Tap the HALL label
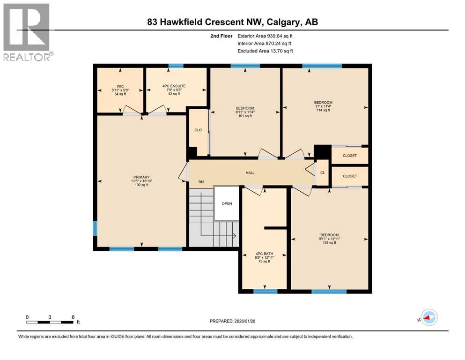pyautogui.click(x=250, y=173)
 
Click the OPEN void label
pyautogui.click(x=227, y=203)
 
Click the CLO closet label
pyautogui.click(x=198, y=130)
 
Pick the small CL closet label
pyautogui.click(x=322, y=172)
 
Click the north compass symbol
pyautogui.click(x=428, y=318)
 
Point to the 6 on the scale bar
pyautogui.click(x=73, y=316)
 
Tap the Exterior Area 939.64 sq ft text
pyautogui.click(x=266, y=36)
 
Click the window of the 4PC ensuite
pyautogui.click(x=176, y=66)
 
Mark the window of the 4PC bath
pyautogui.click(x=265, y=291)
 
